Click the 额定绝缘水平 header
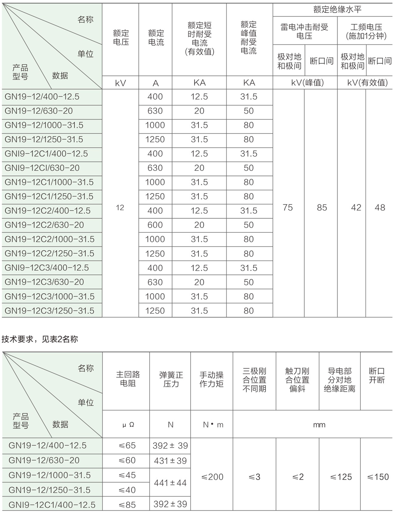[337, 10]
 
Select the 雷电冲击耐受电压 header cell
[304, 31]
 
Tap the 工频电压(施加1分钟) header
[366, 31]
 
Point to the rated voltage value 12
[120, 208]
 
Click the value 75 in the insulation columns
[288, 208]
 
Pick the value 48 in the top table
[380, 208]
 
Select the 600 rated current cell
[155, 225]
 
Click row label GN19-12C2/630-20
[44, 225]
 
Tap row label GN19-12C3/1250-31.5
[50, 311]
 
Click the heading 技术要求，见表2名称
[40, 339]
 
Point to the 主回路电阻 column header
[128, 379]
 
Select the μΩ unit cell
[128, 425]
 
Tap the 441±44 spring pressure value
[170, 483]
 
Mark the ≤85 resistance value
[128, 505]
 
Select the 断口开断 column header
[377, 375]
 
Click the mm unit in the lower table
[319, 425]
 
